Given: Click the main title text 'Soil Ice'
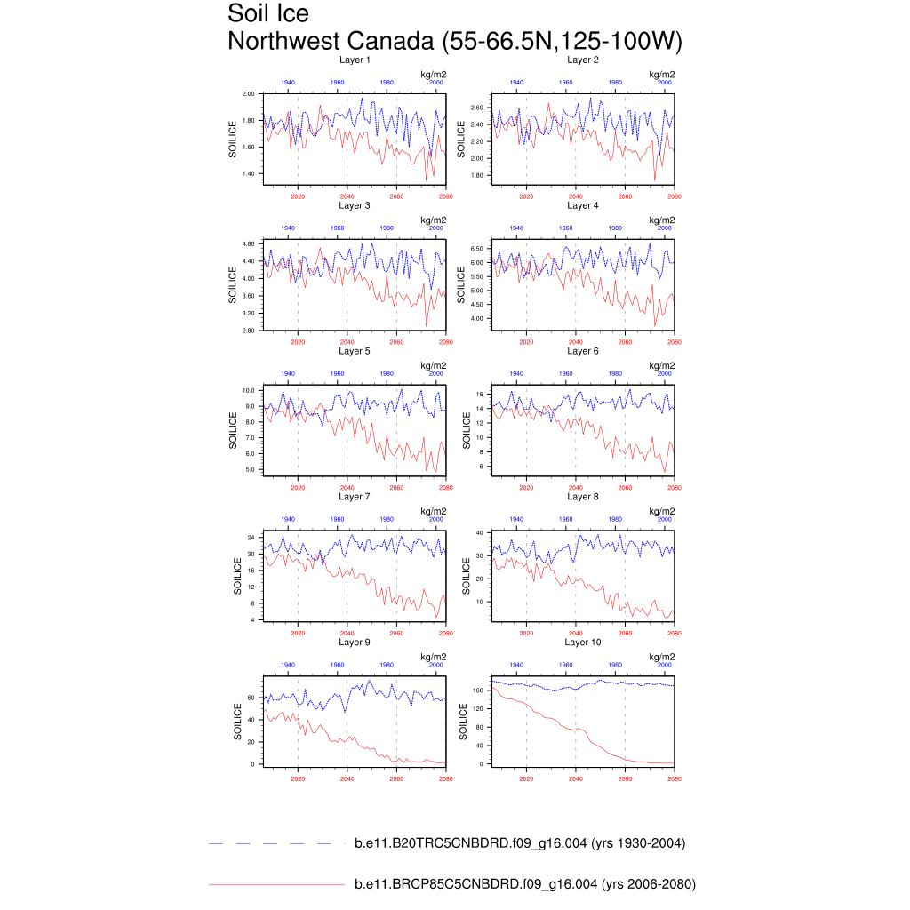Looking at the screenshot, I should [x=268, y=14].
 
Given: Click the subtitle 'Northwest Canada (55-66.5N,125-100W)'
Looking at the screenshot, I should [x=454, y=42].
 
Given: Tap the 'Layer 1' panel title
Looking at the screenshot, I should [x=355, y=60].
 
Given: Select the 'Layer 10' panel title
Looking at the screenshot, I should [x=583, y=642].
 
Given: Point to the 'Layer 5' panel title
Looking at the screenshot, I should [x=355, y=351].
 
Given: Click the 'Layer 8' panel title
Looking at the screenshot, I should [x=583, y=497].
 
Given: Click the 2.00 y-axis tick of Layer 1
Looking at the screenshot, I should [x=249, y=93].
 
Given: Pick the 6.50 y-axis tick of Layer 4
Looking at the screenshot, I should [x=477, y=249].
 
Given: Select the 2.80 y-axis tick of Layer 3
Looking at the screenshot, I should [x=249, y=331].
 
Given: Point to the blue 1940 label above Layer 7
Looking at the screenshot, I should [x=289, y=519].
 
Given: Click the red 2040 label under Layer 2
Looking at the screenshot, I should [x=576, y=196].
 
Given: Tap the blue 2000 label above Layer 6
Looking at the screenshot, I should [x=665, y=374].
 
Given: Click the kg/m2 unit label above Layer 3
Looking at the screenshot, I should [x=433, y=220].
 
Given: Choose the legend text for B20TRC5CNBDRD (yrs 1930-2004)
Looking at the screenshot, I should [x=519, y=843].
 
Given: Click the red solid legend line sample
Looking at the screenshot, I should [x=275, y=884].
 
